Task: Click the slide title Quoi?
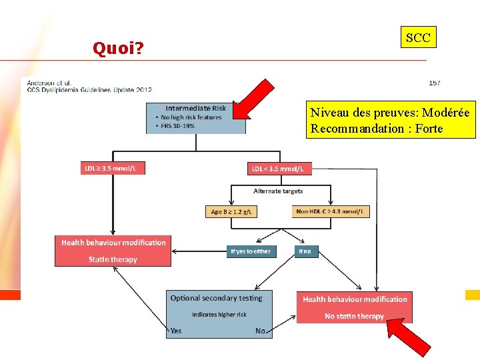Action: (119, 48)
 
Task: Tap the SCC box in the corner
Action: (418, 38)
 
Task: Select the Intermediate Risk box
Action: (195, 117)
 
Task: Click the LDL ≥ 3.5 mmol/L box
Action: (111, 169)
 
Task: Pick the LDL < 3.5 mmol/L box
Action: (280, 169)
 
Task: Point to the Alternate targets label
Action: (278, 191)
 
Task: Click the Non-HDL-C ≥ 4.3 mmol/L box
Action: (331, 211)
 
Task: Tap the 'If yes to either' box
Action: (251, 251)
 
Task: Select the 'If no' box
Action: (305, 251)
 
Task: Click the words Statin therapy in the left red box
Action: (113, 259)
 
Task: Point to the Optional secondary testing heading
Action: (216, 298)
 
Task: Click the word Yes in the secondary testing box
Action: (176, 331)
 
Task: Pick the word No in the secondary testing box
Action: (261, 331)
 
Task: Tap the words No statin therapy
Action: (354, 316)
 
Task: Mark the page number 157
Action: (434, 83)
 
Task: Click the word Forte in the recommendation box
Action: (428, 129)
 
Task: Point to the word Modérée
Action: (445, 113)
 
